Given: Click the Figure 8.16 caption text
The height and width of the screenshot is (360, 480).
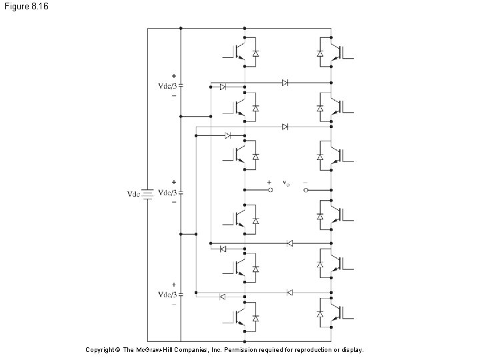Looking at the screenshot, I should point(25,6).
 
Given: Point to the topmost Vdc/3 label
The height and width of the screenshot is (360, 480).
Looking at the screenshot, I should point(166,85).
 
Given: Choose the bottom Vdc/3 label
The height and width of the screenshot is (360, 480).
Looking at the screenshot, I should point(166,294).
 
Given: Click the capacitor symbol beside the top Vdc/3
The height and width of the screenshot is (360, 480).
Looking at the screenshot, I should point(181,85).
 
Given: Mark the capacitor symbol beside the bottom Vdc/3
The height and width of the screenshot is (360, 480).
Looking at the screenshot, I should point(181,294).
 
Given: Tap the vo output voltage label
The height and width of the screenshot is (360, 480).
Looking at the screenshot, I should point(286,182).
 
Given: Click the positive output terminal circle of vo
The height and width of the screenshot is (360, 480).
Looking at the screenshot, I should point(271,190).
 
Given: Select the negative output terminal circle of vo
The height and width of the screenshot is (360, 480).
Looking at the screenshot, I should point(306,190).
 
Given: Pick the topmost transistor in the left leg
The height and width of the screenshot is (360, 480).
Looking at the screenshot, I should point(239,52).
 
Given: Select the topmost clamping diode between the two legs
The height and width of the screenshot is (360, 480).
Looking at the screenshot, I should point(285,83).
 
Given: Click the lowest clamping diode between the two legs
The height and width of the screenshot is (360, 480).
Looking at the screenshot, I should point(289,292).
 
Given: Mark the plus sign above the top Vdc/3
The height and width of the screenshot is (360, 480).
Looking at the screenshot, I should point(174,75).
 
